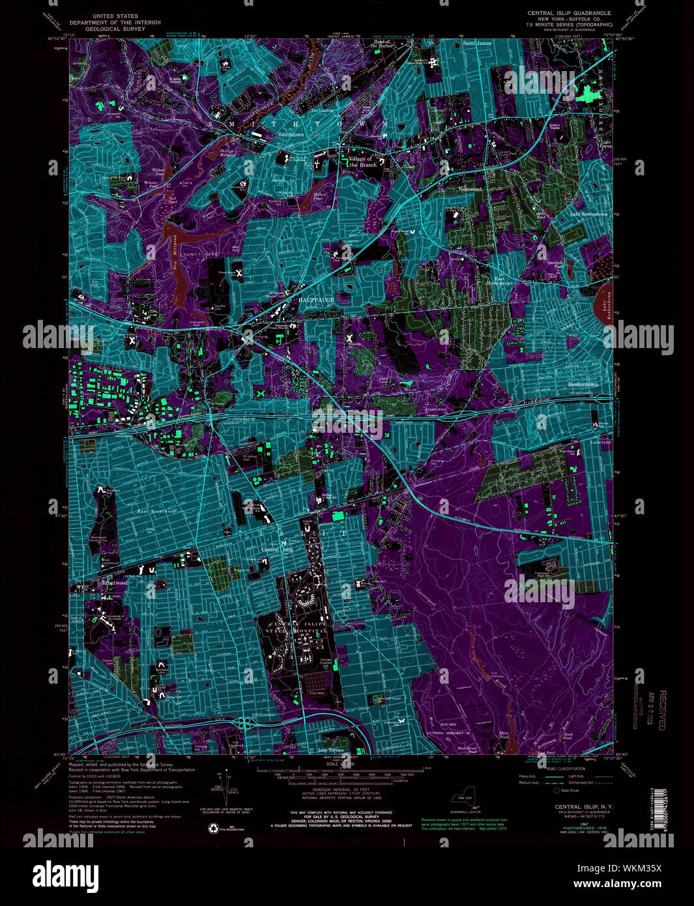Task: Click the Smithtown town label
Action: (x=291, y=134)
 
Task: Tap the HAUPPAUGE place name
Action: (x=316, y=299)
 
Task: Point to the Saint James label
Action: (x=477, y=43)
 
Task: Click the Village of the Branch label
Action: (x=360, y=162)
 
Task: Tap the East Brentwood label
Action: (x=156, y=512)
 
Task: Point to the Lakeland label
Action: (x=600, y=442)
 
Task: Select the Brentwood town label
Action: (x=113, y=583)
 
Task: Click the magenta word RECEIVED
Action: (x=662, y=710)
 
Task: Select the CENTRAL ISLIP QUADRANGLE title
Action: (x=569, y=12)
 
